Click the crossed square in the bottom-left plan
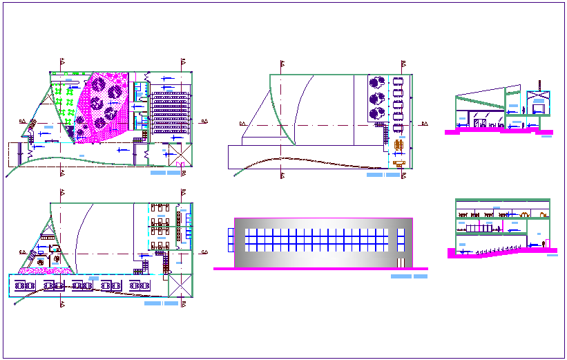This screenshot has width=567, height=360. pos(179,285)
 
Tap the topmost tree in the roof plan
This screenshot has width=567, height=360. pos(377,82)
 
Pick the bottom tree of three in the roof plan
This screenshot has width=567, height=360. pos(377,113)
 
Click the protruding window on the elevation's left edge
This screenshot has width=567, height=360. pos(230,239)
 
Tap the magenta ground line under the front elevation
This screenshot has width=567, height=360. pos(320,269)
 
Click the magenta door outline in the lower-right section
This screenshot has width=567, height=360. pos(548,243)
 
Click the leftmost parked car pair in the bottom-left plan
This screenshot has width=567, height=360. pos(26,285)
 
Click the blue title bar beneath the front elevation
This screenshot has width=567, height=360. pos(409,276)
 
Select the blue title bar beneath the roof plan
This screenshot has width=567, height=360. pos(383,176)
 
